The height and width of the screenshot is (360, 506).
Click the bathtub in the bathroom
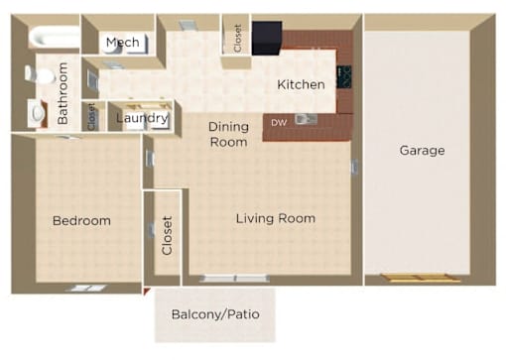pos(54,37)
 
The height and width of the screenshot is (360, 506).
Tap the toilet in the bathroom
pos(40,74)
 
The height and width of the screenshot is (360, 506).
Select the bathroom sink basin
pos(38,113)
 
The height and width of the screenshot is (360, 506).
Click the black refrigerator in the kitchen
pos(267,38)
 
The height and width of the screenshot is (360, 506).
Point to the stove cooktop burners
pos(344,77)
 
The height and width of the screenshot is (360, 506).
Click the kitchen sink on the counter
pos(306,119)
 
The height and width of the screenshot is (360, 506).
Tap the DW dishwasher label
pos(279,123)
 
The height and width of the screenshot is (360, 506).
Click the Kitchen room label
pos(301,84)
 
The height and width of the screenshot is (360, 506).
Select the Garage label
pos(422,151)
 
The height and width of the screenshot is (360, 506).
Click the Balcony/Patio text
pos(215,314)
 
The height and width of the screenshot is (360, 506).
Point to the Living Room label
pos(276,218)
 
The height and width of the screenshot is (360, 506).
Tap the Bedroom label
pos(81,220)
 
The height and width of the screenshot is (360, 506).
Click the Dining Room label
pos(228,134)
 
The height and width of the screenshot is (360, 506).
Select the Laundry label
pos(142,118)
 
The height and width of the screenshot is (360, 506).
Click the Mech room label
pos(123,43)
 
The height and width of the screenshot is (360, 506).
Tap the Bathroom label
pos(63,93)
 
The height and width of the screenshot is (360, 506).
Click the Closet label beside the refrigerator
pos(237,39)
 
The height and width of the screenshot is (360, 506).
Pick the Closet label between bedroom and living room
pos(167,235)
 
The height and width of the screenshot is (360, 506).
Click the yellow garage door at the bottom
pos(420,278)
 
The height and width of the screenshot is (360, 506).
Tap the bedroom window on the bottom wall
pos(85,289)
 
